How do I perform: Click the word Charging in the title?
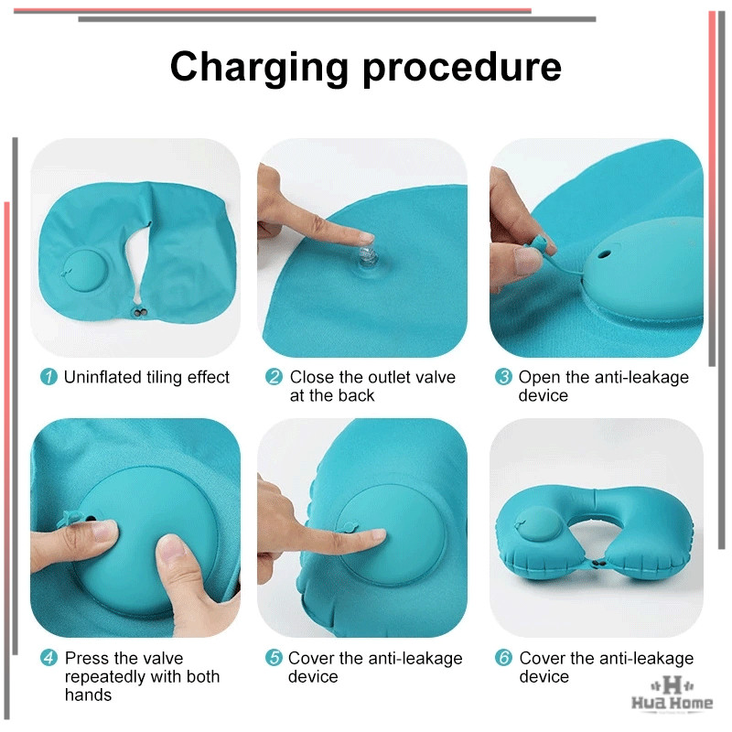point(259,68)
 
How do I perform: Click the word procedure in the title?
point(462,68)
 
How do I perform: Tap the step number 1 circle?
point(48,377)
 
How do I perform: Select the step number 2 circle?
point(274,377)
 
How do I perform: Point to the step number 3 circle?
point(503,377)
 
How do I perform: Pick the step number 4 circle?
point(48,658)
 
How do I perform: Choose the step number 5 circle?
point(274,658)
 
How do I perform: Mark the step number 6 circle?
point(503,658)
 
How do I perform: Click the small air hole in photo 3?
point(604,255)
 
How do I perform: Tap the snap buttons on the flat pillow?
point(140,312)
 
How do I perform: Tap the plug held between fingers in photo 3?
point(540,244)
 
